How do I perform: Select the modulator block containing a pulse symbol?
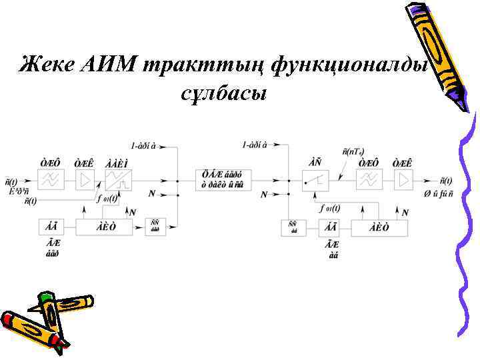tap(119, 180)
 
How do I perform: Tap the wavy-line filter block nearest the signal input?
tap(51, 180)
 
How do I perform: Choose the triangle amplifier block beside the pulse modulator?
tap(85, 180)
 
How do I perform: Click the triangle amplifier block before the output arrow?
tap(402, 180)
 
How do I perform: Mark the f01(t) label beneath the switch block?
tap(329, 208)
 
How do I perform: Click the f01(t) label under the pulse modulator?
tap(107, 198)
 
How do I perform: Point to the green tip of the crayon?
tap(45, 297)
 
